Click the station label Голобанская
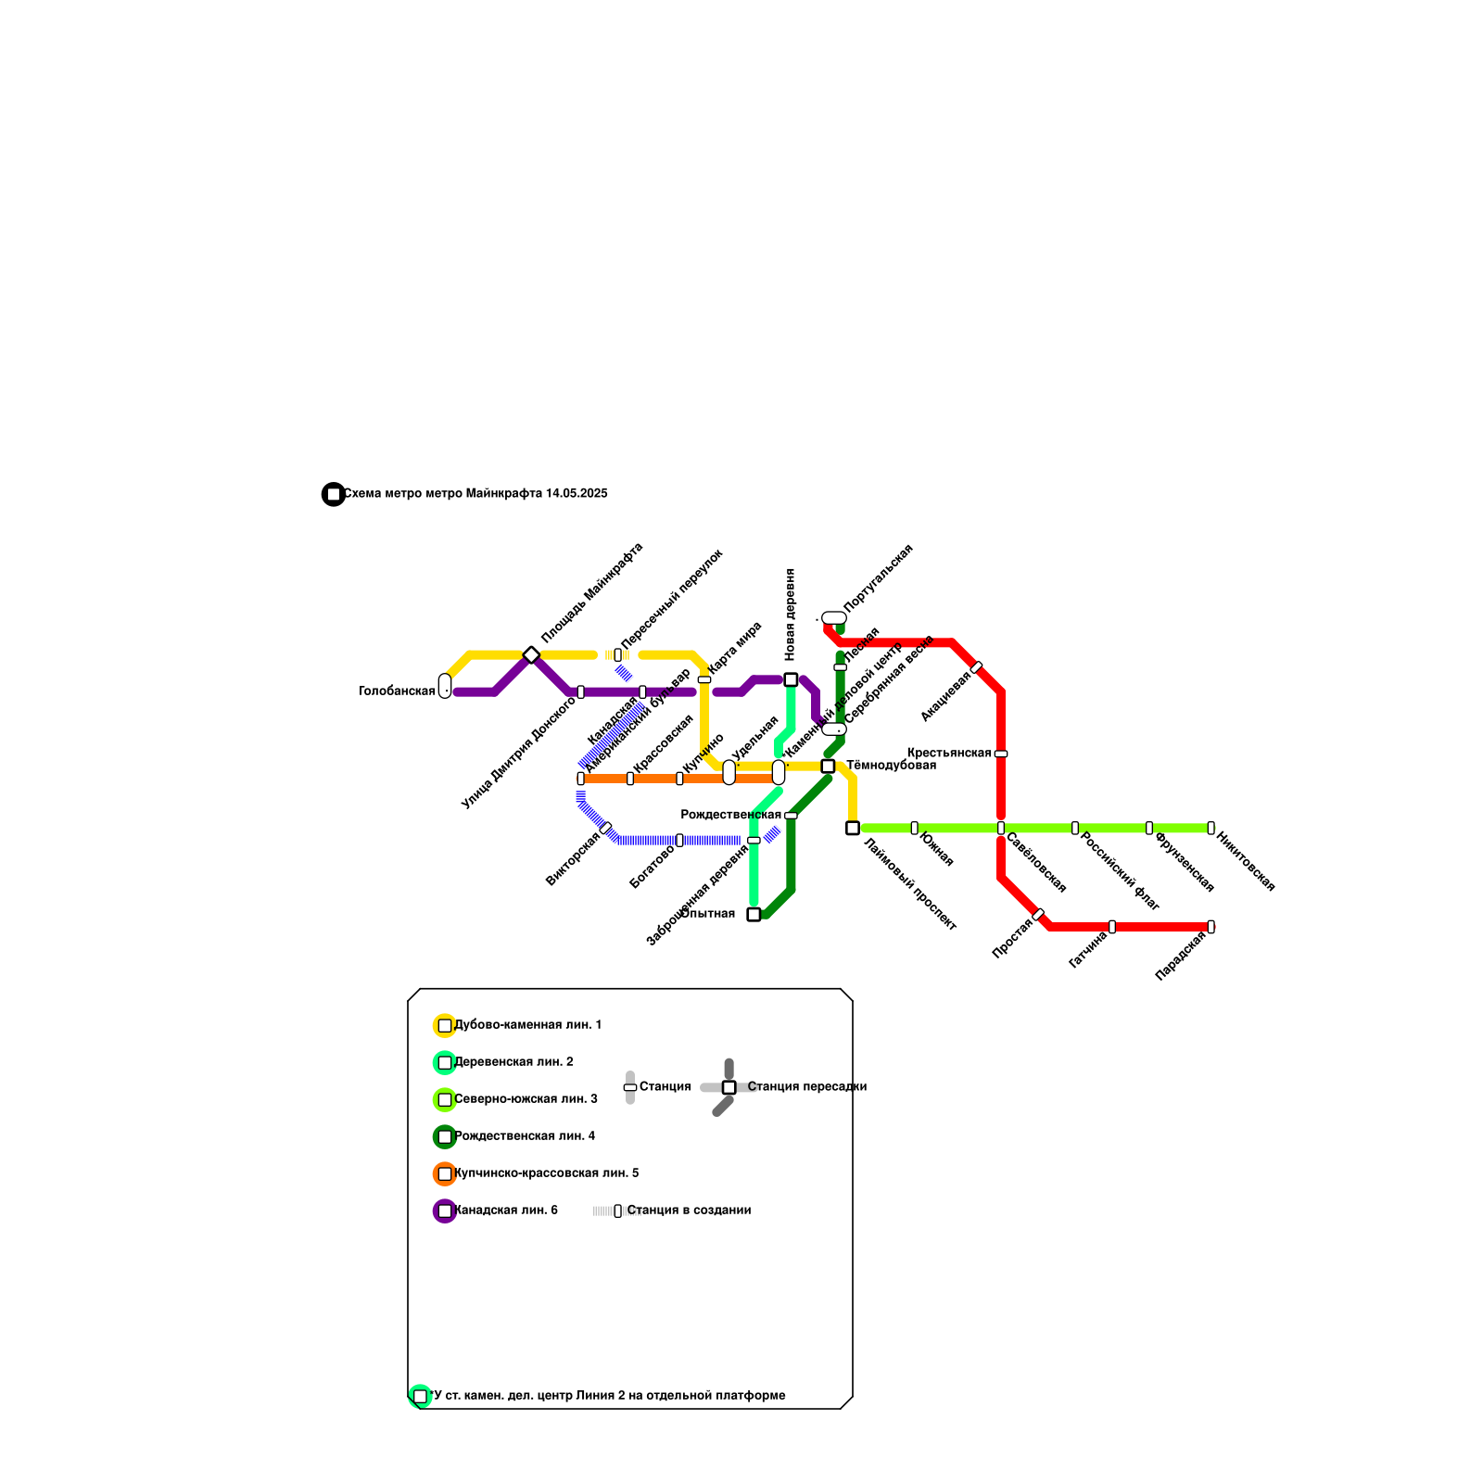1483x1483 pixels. click(397, 691)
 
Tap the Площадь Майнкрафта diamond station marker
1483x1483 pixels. click(531, 655)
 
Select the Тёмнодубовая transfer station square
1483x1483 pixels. click(828, 766)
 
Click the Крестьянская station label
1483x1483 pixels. click(948, 753)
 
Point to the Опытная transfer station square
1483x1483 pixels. click(754, 914)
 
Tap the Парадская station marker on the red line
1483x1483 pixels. click(1210, 927)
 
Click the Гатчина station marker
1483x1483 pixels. click(1112, 927)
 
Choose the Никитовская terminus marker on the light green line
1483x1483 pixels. click(1210, 828)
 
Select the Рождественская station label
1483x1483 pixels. click(730, 815)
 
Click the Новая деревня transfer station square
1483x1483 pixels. click(791, 679)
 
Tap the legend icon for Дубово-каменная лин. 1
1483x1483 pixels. click(445, 1025)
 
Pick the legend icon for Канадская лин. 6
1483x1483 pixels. click(445, 1210)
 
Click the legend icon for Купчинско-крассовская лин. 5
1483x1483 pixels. click(445, 1173)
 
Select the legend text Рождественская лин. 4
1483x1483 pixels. click(524, 1136)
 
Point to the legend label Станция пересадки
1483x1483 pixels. click(806, 1087)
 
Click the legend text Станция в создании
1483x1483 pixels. click(689, 1210)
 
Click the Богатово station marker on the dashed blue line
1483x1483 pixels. click(679, 840)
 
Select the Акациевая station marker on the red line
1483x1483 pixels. click(976, 667)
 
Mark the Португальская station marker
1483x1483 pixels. click(834, 618)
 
